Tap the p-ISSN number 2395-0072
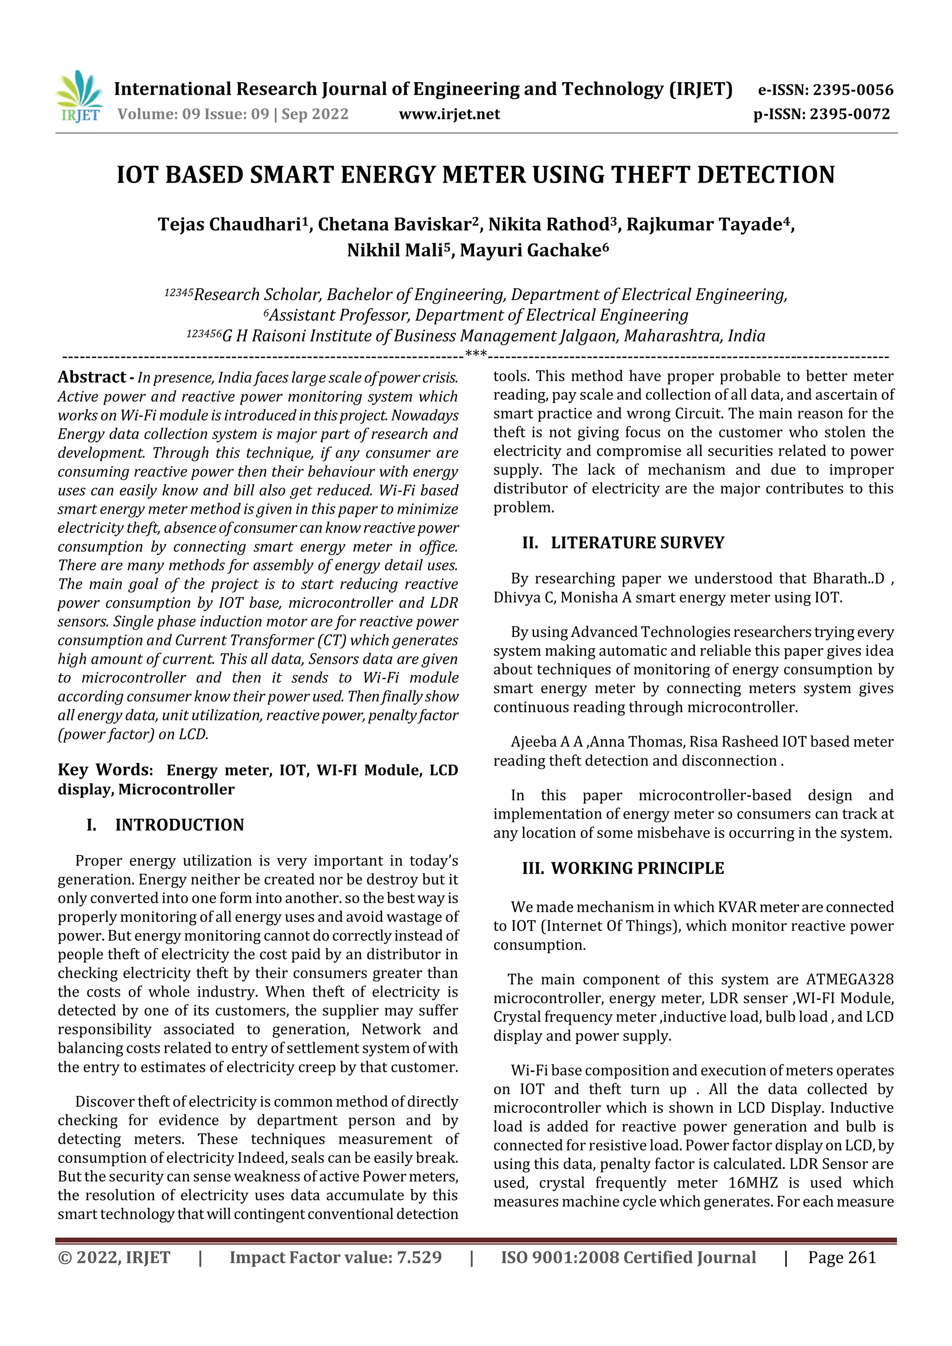point(849,114)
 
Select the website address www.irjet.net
point(450,114)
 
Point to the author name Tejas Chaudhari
point(229,224)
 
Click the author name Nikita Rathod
point(549,224)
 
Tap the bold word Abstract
point(92,377)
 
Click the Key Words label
point(105,770)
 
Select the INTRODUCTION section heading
point(179,825)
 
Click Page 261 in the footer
point(842,1257)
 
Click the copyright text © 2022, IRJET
point(114,1257)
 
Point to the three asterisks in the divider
point(476,354)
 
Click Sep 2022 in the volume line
point(315,114)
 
